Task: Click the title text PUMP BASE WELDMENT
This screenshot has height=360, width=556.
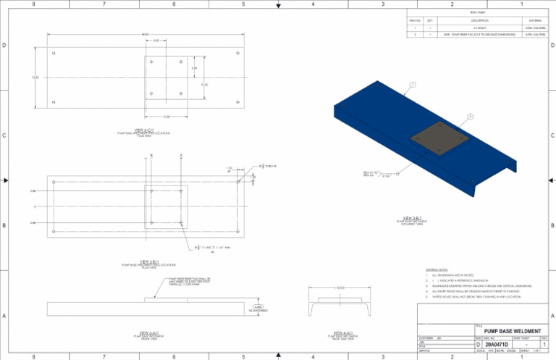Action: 512,330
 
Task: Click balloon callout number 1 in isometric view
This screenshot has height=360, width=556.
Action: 412,85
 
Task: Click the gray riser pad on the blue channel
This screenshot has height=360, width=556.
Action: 437,141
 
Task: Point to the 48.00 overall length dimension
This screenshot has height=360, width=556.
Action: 145,33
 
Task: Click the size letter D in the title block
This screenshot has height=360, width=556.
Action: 477,343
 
